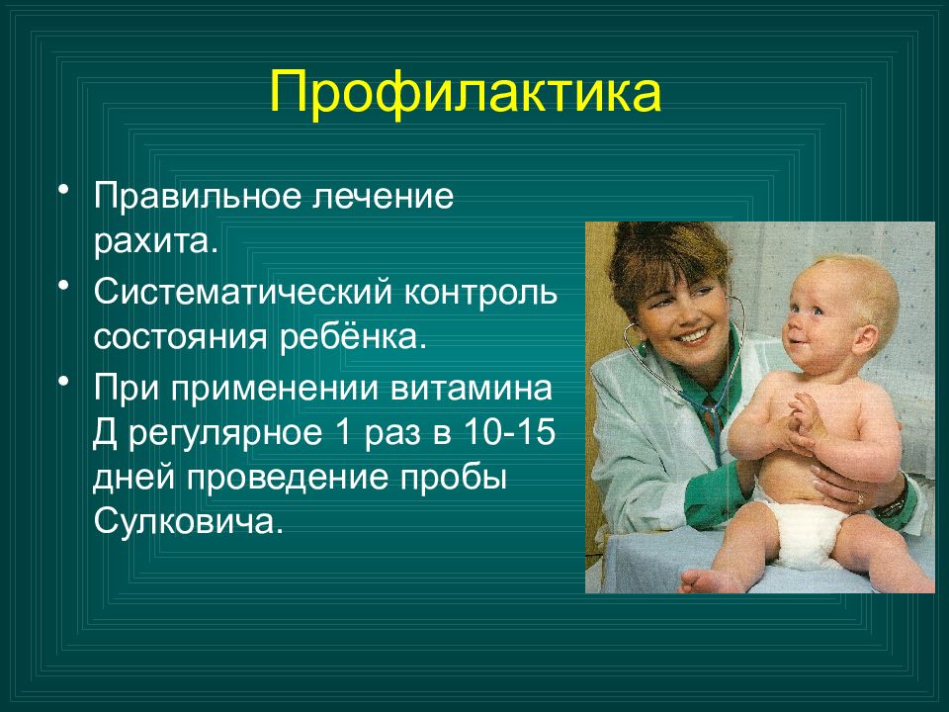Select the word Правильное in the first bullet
198,197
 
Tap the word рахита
155,241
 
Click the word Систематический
243,292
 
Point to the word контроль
480,292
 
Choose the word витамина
472,388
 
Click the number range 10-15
509,432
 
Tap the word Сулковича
188,521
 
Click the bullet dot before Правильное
64,189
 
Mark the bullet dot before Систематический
64,285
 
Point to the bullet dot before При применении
64,381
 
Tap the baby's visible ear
865,340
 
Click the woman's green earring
642,349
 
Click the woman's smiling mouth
692,335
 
